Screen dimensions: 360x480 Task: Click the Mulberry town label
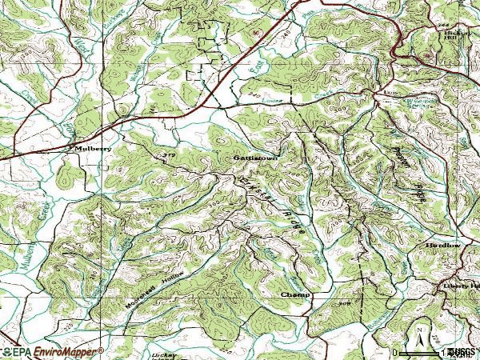(x=90, y=149)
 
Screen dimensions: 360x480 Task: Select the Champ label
(x=294, y=294)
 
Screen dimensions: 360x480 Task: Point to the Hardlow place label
(x=442, y=245)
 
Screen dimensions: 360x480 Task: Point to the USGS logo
(x=462, y=352)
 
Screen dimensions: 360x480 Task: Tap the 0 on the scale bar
(x=394, y=352)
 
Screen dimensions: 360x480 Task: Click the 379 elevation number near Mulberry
(x=169, y=154)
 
